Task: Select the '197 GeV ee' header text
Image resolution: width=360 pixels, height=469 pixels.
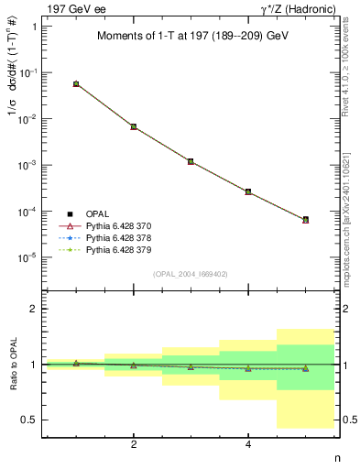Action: [71, 8]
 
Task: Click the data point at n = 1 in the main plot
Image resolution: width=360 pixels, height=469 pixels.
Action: [76, 83]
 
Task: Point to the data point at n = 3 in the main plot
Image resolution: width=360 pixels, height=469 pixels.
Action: [191, 161]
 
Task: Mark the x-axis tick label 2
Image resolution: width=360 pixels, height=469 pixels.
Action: [134, 444]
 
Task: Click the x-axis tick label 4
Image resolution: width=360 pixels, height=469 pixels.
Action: [248, 444]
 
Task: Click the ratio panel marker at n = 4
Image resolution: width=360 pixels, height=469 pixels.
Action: [248, 368]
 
